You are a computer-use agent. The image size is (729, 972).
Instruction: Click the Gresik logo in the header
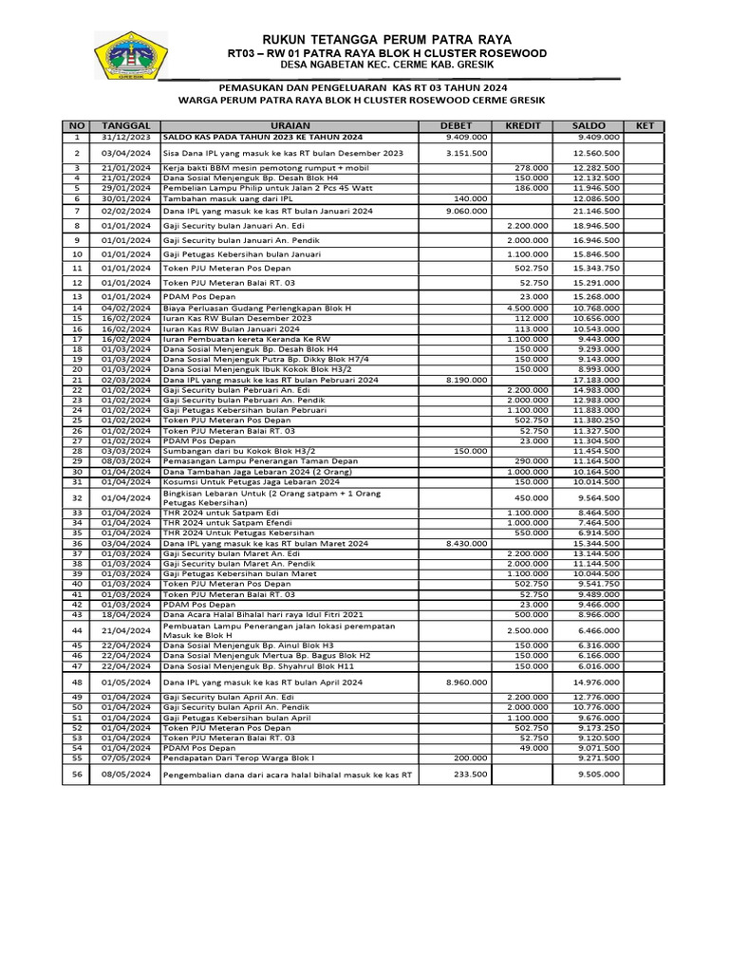click(131, 58)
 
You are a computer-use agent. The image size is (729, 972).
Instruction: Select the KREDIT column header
click(523, 125)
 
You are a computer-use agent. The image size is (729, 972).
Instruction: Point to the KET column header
click(645, 125)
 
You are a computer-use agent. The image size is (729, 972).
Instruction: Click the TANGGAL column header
click(126, 125)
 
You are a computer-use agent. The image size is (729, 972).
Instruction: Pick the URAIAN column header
click(290, 125)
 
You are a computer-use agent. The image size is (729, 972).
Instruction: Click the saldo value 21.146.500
click(597, 211)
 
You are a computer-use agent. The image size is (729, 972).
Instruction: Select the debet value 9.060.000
click(465, 211)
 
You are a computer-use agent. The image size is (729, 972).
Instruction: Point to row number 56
click(78, 774)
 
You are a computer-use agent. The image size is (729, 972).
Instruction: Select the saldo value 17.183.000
click(597, 380)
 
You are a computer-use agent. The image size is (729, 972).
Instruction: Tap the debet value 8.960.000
click(465, 682)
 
